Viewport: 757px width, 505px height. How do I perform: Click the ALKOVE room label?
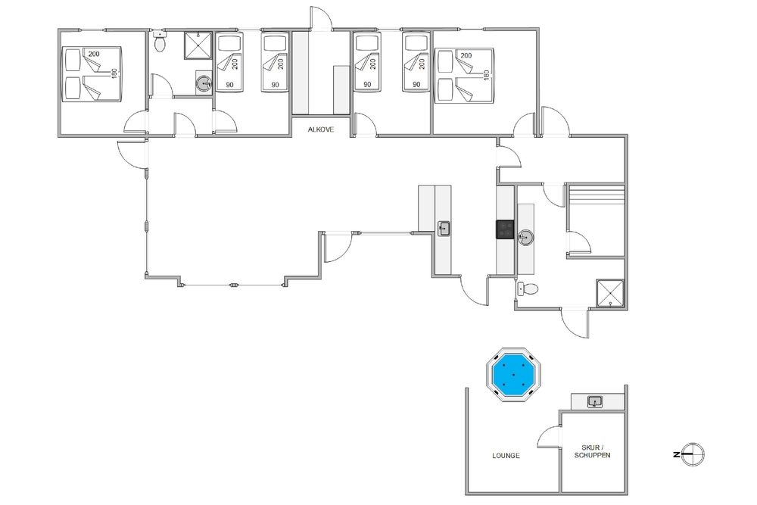[320, 129]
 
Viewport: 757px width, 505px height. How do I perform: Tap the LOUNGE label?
[506, 455]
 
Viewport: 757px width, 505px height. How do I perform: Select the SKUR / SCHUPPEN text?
[593, 451]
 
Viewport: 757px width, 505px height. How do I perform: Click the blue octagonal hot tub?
[513, 374]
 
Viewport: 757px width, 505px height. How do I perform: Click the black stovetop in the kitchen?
[506, 229]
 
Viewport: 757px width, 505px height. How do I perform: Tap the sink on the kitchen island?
[444, 228]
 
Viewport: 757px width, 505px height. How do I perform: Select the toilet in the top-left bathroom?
[159, 41]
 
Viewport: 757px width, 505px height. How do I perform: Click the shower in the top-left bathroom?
[198, 45]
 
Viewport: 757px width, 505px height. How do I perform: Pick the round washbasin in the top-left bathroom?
[204, 83]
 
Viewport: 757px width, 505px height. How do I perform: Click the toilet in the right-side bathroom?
[527, 289]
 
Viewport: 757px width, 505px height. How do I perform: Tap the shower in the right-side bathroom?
[611, 293]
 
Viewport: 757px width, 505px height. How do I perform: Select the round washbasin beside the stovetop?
[526, 237]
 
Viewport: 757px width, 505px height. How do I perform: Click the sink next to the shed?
[595, 401]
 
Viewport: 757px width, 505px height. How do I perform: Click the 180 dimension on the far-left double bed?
[114, 74]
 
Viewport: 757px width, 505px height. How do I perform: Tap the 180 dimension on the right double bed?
[487, 75]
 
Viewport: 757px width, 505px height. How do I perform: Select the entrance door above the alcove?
[321, 18]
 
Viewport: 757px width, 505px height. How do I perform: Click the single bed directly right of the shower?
[229, 61]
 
